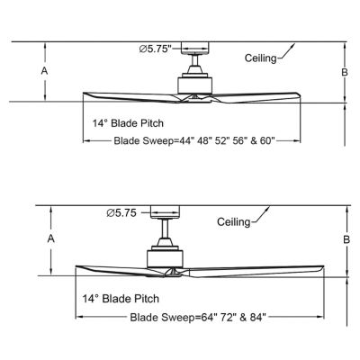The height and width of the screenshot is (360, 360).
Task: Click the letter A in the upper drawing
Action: click(44, 71)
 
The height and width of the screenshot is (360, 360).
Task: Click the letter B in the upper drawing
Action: click(345, 72)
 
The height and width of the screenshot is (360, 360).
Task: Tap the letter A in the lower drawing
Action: click(51, 238)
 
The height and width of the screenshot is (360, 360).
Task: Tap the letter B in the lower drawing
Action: click(346, 239)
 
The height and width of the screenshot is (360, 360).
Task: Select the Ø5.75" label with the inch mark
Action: click(155, 49)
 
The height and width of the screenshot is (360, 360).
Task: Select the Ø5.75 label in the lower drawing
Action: click(121, 213)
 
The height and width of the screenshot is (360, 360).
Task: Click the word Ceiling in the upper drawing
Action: click(260, 58)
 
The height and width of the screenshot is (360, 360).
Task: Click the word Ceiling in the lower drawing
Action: click(233, 222)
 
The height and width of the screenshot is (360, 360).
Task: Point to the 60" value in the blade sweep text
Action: click(267, 140)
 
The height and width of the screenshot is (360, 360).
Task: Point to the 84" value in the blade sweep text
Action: click(258, 317)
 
